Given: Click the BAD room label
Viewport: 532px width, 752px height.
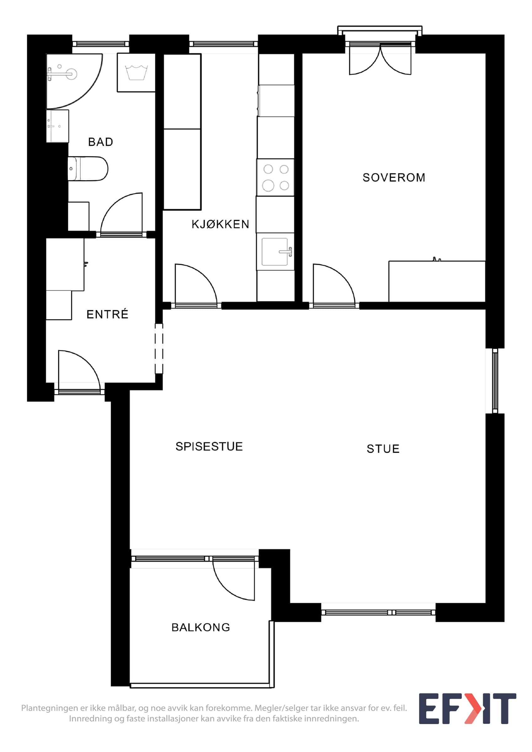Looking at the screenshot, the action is coord(101,142).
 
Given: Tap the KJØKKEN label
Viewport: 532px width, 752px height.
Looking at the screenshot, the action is coord(220,224).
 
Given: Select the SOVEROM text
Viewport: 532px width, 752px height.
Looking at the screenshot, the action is coord(394,178).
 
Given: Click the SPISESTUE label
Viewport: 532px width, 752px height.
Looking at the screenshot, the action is coord(209,446).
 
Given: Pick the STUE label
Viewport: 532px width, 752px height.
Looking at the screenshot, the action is coord(383,449).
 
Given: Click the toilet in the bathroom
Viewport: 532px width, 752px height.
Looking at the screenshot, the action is coord(88,169).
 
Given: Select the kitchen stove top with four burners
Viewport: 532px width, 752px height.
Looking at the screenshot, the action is coord(275,178).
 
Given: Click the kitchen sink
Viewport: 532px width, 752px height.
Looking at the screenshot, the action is coord(275,252).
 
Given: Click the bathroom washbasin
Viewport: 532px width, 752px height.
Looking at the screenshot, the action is coord(58,126).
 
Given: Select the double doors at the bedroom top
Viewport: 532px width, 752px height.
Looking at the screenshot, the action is coord(380,60).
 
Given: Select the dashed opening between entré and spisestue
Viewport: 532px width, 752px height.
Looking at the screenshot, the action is coord(159,348).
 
